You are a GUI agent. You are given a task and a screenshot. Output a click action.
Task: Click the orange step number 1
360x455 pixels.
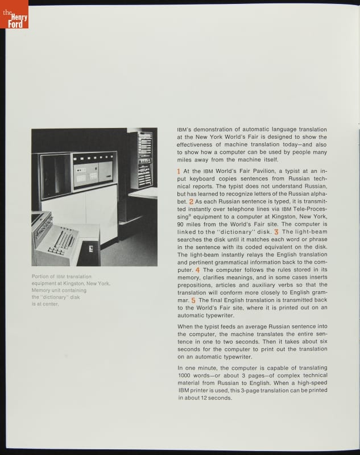click(179, 171)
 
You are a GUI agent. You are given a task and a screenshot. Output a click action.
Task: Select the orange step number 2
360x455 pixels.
click(191, 202)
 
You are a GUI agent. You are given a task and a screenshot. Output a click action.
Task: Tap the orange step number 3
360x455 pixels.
click(276, 232)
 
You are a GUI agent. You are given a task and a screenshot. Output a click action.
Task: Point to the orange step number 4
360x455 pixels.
click(197, 270)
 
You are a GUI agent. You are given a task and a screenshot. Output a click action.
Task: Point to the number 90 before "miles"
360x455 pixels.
click(181, 224)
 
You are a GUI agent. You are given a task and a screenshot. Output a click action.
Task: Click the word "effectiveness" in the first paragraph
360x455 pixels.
click(197, 144)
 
